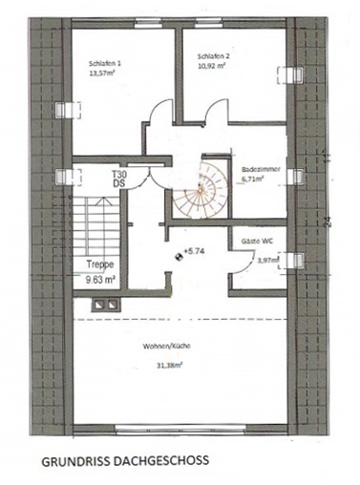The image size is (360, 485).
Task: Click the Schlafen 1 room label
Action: coord(105,63)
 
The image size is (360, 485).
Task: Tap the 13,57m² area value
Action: coord(102,73)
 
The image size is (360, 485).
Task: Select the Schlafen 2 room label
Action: coord(213,56)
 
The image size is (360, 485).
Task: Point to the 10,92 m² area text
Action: coord(212,67)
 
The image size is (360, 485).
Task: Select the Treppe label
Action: coord(100,264)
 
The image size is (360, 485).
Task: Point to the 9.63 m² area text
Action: coord(100,280)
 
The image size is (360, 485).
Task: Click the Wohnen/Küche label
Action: coord(166,347)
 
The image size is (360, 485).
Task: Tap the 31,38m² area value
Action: coord(169,366)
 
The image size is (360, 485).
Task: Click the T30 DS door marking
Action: coord(119,179)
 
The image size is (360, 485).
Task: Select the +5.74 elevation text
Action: coord(194,251)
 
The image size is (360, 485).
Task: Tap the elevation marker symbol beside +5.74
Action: coord(179,257)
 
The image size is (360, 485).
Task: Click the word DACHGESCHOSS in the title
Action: coord(162,460)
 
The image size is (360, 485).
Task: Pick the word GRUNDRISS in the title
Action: coord(76,462)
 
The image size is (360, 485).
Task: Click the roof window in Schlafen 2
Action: coord(290,75)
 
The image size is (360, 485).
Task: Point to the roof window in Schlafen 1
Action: coord(68,110)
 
